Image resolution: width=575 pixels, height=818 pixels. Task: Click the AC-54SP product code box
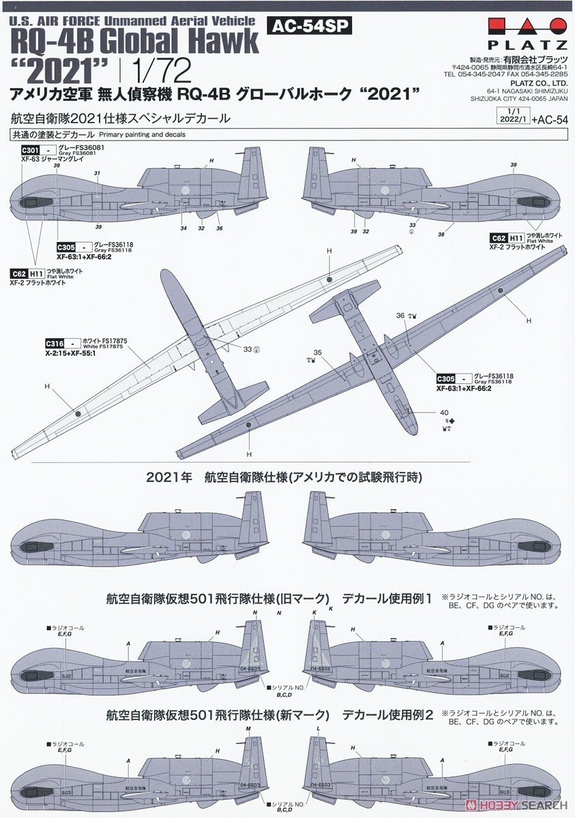310,26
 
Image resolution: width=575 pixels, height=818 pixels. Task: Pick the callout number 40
444,411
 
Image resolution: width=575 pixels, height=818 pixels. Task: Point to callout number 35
317,352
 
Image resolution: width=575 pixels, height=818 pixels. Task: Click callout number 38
441,234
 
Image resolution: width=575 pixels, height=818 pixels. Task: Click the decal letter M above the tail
250,729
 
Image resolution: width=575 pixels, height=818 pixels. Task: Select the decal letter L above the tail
319,729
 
